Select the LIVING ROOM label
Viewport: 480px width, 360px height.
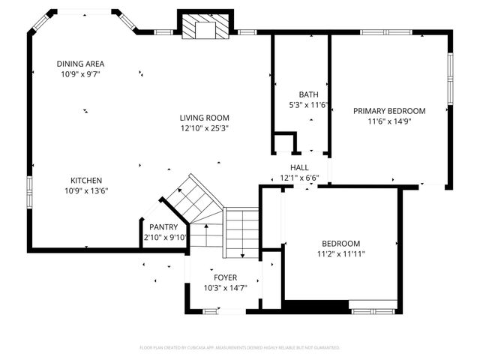[204, 118]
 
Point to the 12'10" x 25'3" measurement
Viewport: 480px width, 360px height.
[204, 128]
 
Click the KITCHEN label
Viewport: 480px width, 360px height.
[86, 181]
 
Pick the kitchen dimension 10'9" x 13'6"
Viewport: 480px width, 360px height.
[86, 191]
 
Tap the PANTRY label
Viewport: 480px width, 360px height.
[163, 227]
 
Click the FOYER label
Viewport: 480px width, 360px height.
[225, 277]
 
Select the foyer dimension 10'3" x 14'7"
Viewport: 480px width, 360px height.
[225, 288]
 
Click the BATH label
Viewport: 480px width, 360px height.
[308, 94]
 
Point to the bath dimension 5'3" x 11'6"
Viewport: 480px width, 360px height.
[308, 105]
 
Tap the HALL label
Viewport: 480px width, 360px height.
[299, 167]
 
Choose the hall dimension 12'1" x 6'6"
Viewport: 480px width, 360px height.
[299, 178]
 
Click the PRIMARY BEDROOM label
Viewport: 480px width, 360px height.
[389, 111]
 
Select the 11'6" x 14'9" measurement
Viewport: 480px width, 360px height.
[389, 121]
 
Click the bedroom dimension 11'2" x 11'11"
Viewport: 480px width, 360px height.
[341, 254]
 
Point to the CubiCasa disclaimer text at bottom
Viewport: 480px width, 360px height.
[240, 348]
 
